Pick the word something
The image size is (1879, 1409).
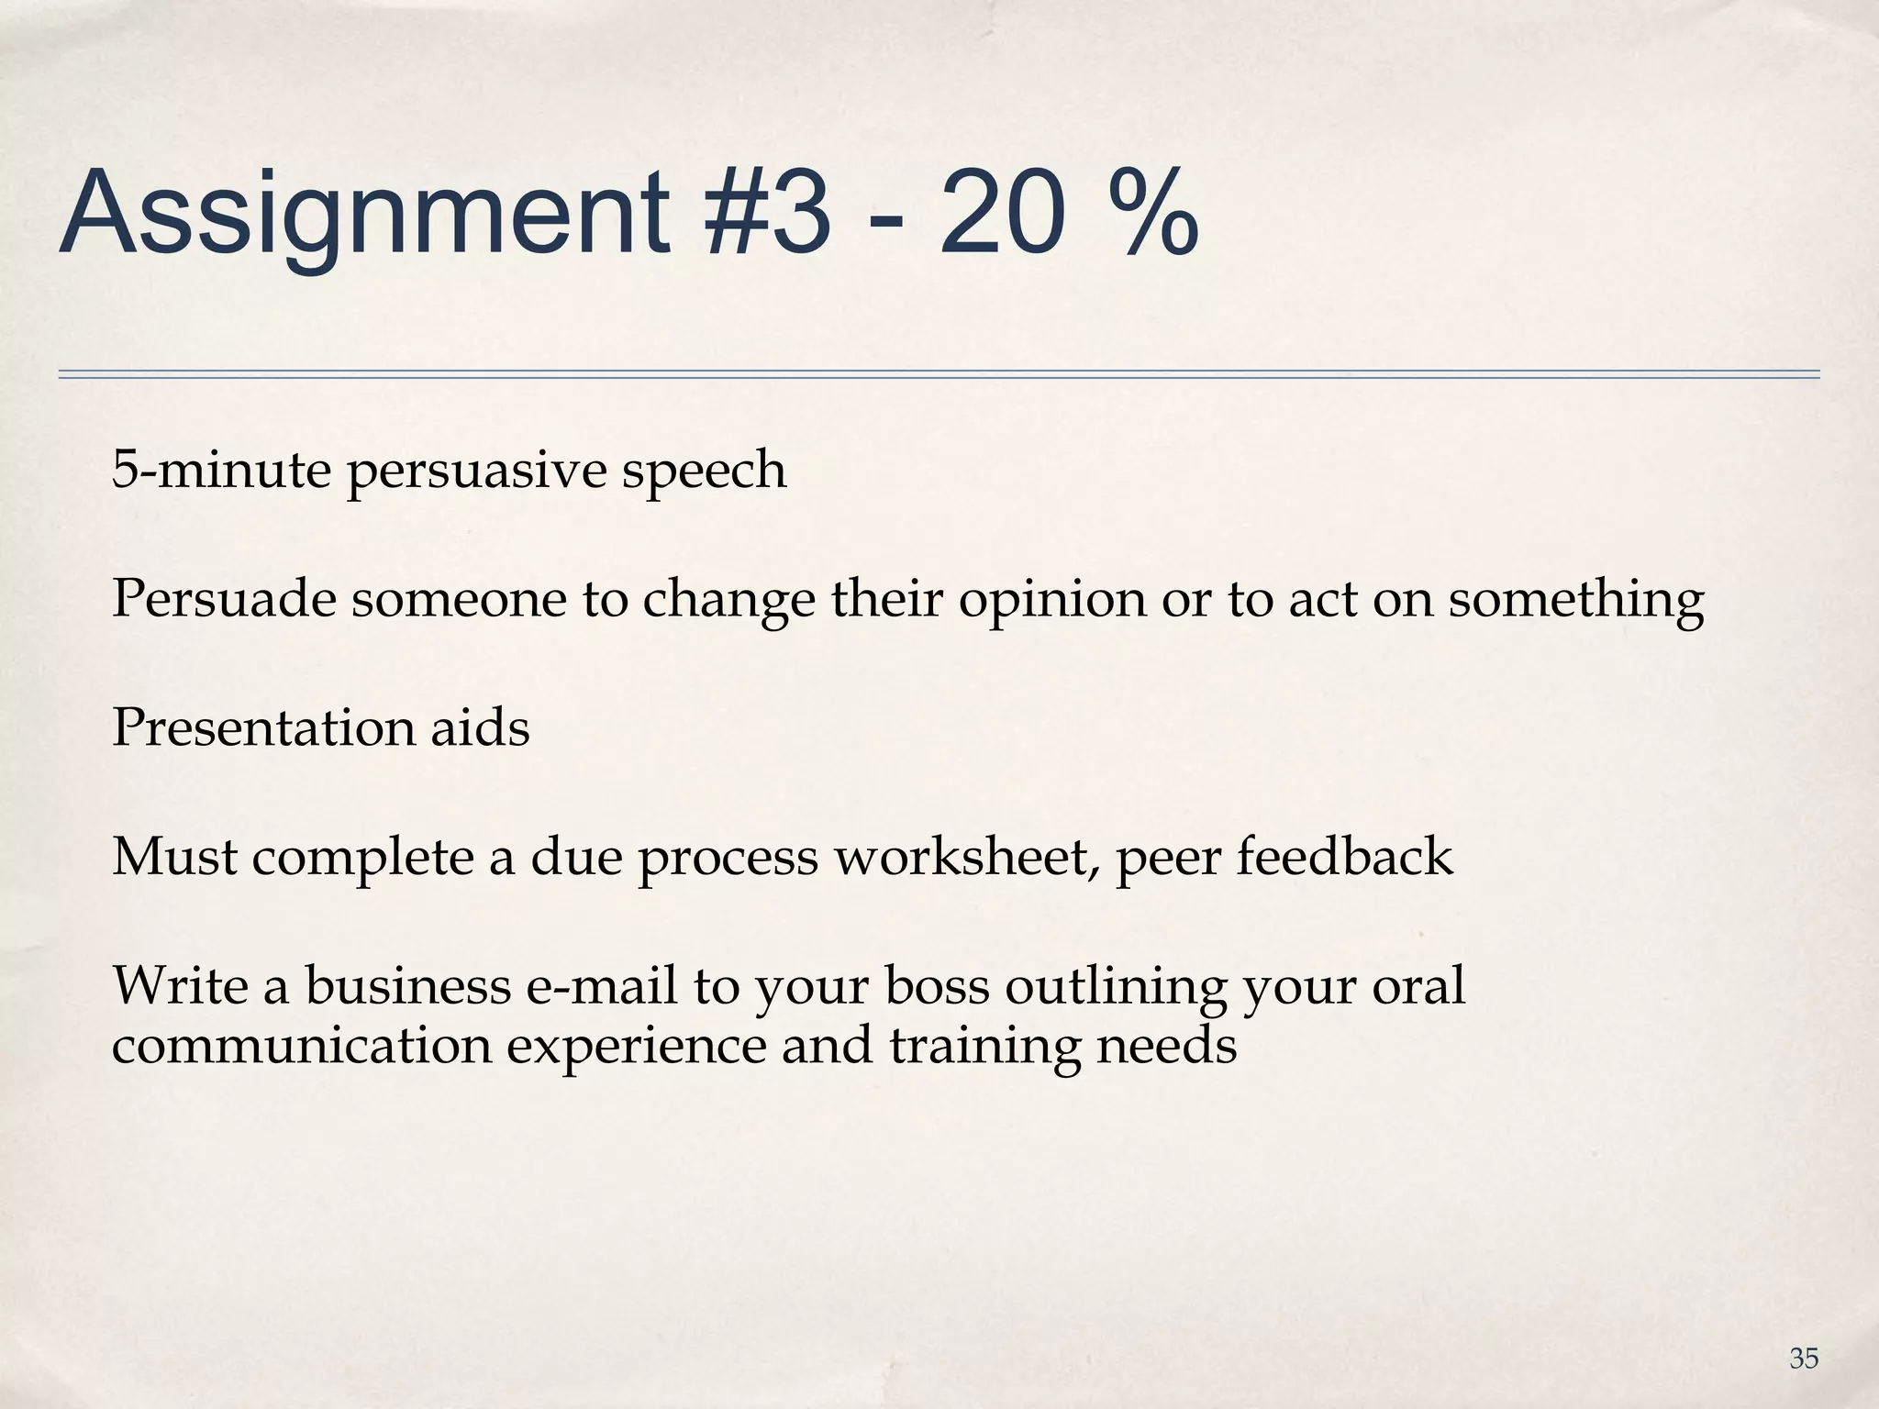[x=1576, y=601]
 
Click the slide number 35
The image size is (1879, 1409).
[x=1804, y=1359]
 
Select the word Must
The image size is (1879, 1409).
[x=174, y=857]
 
